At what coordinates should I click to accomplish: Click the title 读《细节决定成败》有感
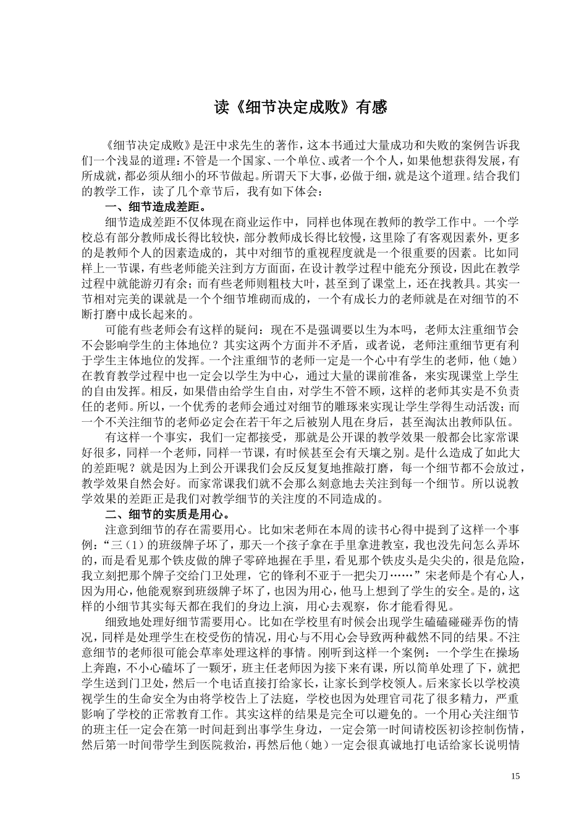[300, 107]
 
